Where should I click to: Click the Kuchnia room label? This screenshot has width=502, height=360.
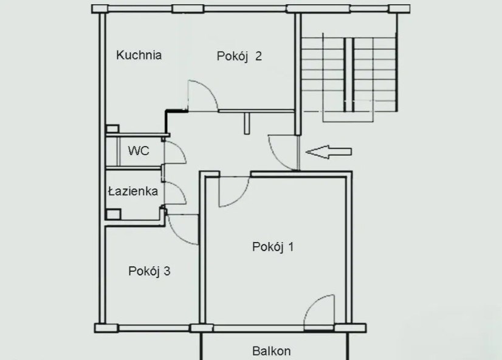(x=139, y=55)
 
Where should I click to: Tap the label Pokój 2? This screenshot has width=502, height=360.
(x=239, y=56)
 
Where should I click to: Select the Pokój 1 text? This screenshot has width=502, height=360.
(x=273, y=247)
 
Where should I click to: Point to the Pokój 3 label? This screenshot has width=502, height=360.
(x=149, y=271)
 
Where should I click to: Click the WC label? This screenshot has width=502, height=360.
(x=139, y=151)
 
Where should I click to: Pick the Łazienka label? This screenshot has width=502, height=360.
(x=133, y=191)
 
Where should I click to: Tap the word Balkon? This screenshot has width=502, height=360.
(x=272, y=351)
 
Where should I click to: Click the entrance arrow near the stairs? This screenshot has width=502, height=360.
(x=328, y=152)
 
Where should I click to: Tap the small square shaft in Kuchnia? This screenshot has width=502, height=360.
(x=112, y=129)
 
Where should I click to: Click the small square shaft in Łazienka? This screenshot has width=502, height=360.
(x=113, y=214)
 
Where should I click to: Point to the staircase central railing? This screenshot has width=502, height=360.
(x=349, y=75)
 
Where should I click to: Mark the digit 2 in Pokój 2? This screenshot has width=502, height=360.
(x=259, y=56)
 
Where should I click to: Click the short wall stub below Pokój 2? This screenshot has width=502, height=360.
(x=247, y=123)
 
